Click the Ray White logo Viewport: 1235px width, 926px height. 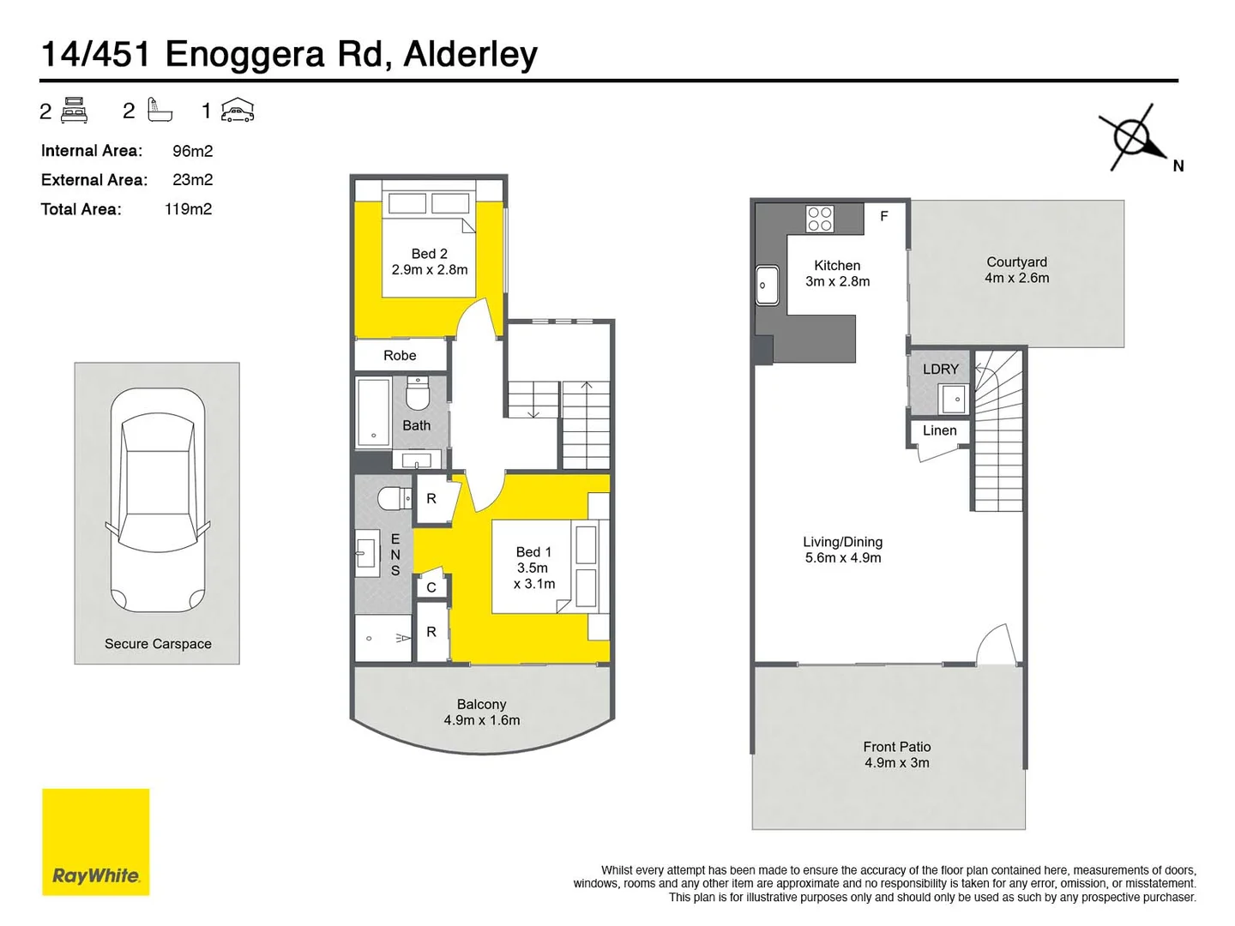pyautogui.click(x=95, y=842)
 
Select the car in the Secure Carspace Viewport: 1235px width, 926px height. pyautogui.click(x=158, y=501)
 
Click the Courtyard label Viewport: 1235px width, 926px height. pyautogui.click(x=1016, y=262)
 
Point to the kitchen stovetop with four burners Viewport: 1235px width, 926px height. pyautogui.click(x=819, y=219)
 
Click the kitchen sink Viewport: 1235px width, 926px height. pyautogui.click(x=767, y=286)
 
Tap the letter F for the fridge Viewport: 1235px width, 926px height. pyautogui.click(x=883, y=217)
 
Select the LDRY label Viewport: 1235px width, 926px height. pyautogui.click(x=940, y=370)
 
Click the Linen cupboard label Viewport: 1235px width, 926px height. pyautogui.click(x=939, y=430)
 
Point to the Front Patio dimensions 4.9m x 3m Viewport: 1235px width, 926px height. pyautogui.click(x=896, y=763)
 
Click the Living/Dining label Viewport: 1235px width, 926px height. pyautogui.click(x=842, y=542)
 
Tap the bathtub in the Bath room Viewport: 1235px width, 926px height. pyautogui.click(x=373, y=412)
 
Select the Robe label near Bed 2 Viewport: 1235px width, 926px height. pyautogui.click(x=400, y=355)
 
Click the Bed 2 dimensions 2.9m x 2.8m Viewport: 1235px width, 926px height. pyautogui.click(x=430, y=270)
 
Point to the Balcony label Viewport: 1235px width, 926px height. pyautogui.click(x=481, y=704)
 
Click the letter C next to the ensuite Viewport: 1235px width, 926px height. pyautogui.click(x=431, y=587)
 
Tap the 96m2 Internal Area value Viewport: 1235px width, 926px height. pyautogui.click(x=192, y=151)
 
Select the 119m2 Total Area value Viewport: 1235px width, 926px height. pyautogui.click(x=188, y=209)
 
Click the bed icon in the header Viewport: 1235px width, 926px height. pyautogui.click(x=75, y=111)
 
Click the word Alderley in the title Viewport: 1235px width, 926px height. pyautogui.click(x=470, y=54)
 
